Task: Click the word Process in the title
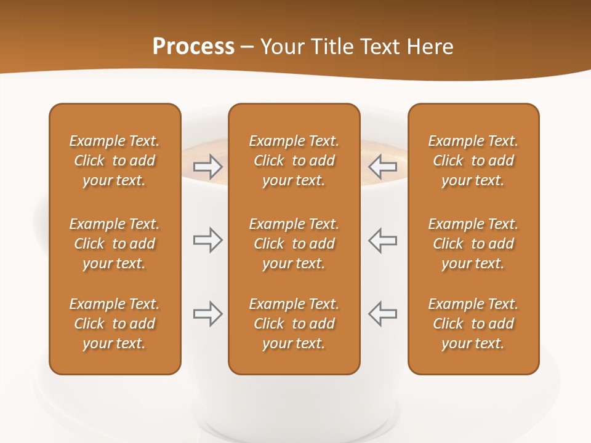point(193,47)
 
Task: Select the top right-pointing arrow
point(207,167)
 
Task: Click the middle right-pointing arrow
point(207,240)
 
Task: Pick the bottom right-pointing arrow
point(207,314)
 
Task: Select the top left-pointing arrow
point(383,167)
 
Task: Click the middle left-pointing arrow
point(383,240)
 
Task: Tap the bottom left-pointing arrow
point(383,314)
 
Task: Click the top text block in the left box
point(115,161)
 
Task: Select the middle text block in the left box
point(115,244)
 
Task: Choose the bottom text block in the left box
point(115,324)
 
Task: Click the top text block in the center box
point(294,161)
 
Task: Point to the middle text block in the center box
point(294,244)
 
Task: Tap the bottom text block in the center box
point(294,324)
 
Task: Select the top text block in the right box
point(473,161)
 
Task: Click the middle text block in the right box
point(473,244)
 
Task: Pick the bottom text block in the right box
point(473,324)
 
